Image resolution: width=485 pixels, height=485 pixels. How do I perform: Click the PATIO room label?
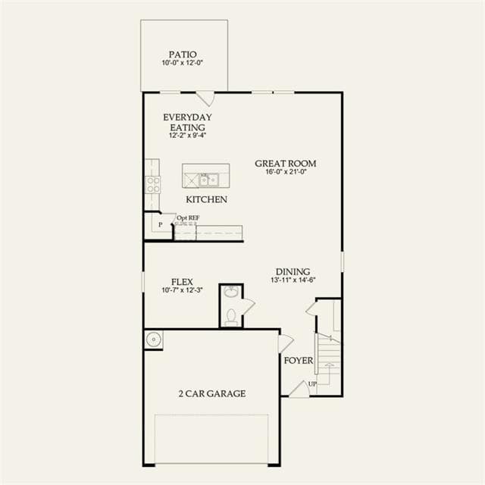tap(183, 55)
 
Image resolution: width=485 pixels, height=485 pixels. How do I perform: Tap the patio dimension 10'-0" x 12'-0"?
tap(183, 63)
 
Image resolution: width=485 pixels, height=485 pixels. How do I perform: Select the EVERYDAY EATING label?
tap(187, 122)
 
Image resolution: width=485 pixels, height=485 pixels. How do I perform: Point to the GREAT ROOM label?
tap(285, 164)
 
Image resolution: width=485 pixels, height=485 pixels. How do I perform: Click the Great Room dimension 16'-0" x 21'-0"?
tap(286, 172)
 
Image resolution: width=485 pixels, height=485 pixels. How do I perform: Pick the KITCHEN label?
tap(206, 199)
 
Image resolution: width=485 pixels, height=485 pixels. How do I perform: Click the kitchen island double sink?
tap(209, 180)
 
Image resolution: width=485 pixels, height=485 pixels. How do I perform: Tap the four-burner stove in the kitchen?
tap(153, 184)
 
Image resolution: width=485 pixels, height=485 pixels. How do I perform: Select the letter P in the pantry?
tap(160, 225)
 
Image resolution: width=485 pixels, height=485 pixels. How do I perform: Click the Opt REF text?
tap(188, 217)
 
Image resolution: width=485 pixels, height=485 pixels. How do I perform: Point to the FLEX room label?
tap(182, 282)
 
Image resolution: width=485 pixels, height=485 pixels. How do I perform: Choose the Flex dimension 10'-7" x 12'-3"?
tap(182, 290)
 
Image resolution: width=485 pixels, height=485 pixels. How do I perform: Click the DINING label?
tap(293, 271)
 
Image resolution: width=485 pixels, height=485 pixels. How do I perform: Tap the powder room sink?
tap(231, 291)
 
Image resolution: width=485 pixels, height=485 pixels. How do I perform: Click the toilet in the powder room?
tap(231, 317)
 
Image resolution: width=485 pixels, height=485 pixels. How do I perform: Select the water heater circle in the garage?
tap(153, 339)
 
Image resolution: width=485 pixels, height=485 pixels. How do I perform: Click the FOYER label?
tap(299, 361)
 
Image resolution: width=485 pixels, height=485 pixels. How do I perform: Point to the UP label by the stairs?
tap(312, 384)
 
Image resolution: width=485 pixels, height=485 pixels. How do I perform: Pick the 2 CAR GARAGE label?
tap(212, 393)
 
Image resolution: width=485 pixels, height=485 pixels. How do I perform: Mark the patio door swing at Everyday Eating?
tap(206, 99)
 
